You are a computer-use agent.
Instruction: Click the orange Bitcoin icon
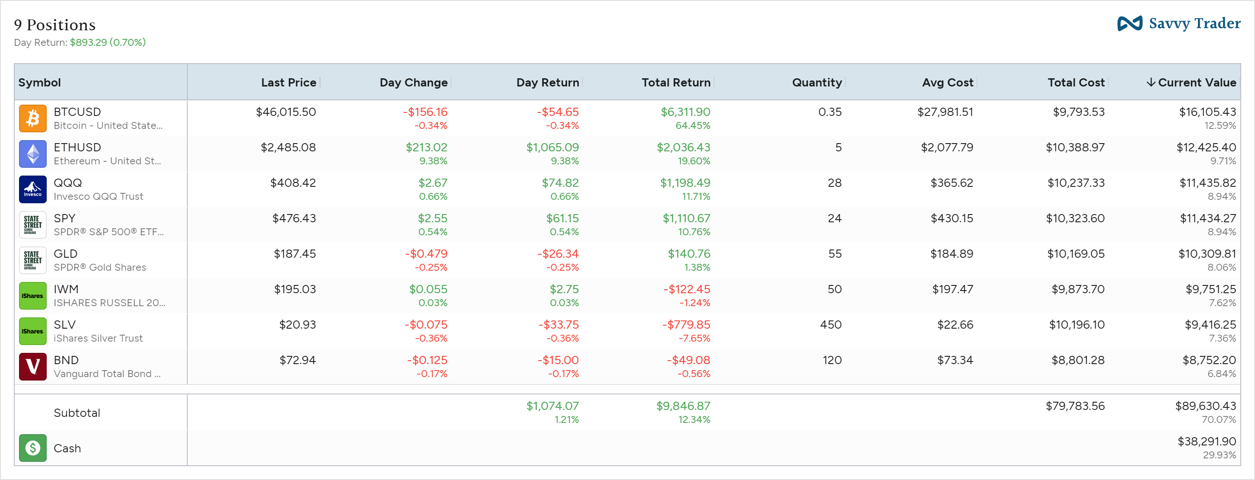click(x=32, y=118)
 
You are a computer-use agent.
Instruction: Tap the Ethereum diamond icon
click(x=32, y=154)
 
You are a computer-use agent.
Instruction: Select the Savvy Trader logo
click(x=1178, y=23)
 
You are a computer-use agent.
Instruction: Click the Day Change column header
click(x=413, y=83)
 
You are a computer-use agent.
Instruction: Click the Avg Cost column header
click(x=947, y=83)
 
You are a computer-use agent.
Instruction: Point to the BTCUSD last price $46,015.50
click(x=286, y=112)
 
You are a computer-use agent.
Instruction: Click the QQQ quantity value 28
click(x=834, y=183)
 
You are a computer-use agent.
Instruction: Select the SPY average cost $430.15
click(x=951, y=219)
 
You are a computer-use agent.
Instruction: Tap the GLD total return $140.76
click(x=688, y=254)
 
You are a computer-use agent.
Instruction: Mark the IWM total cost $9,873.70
click(x=1078, y=289)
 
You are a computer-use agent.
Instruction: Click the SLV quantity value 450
click(x=831, y=325)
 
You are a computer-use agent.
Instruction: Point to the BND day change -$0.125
click(x=427, y=361)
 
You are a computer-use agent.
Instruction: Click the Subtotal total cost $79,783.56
click(x=1075, y=406)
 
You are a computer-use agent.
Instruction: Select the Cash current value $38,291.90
click(x=1206, y=442)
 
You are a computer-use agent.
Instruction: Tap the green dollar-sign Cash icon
click(x=32, y=448)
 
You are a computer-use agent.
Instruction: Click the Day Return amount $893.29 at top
click(x=88, y=42)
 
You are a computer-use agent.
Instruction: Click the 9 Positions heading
click(x=54, y=25)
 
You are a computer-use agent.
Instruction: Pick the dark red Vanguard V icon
click(x=32, y=366)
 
